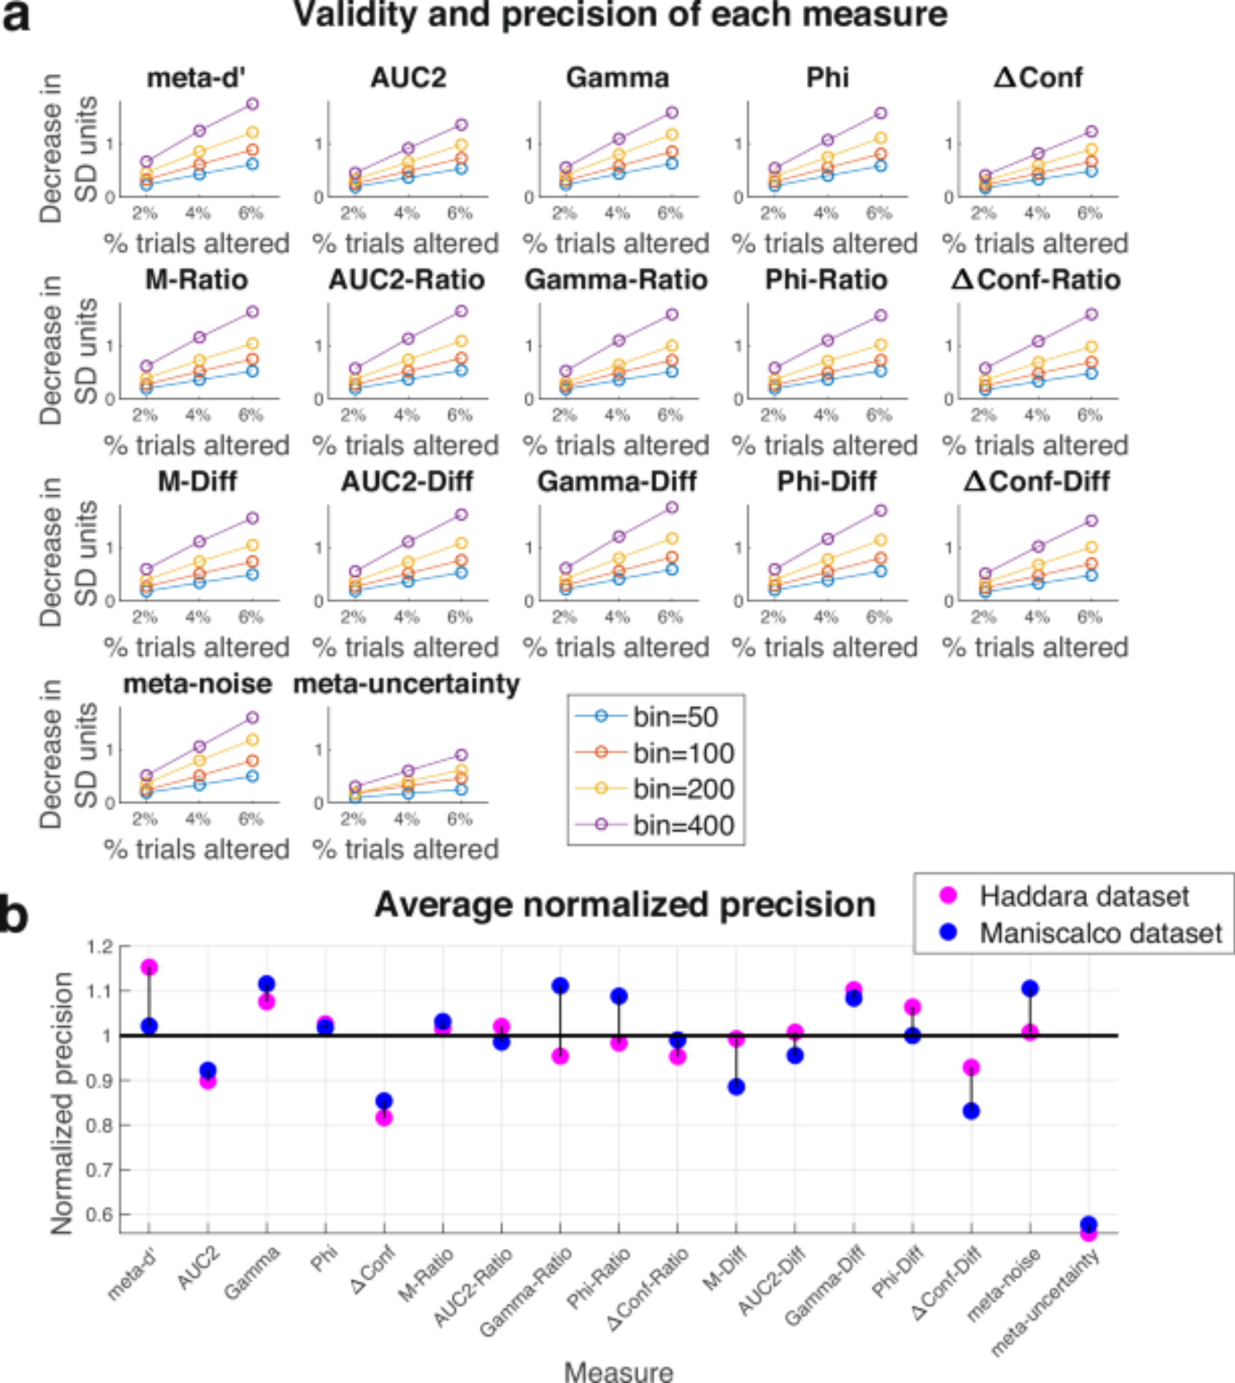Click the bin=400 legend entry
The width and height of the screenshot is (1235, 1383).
(x=683, y=825)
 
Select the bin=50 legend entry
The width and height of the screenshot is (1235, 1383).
(x=676, y=716)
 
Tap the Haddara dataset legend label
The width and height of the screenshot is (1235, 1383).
(x=1084, y=896)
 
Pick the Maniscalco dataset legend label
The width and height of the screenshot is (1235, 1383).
(x=1100, y=933)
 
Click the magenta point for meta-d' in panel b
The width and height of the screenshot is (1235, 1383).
(x=149, y=967)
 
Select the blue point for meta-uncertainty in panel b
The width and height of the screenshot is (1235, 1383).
(x=1088, y=1224)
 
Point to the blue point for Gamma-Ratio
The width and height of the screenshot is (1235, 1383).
(x=560, y=985)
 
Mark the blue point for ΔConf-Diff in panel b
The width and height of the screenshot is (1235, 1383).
(x=971, y=1111)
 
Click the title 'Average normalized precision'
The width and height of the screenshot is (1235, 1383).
(x=625, y=904)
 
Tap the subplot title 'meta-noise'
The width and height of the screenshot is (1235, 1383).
(x=197, y=683)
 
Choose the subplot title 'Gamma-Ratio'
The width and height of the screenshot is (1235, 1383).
(x=616, y=279)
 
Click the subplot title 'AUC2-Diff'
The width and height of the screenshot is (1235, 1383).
(x=407, y=481)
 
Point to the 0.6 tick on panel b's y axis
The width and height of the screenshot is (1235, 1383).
(x=101, y=1215)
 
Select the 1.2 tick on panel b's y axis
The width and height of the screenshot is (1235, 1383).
(x=101, y=947)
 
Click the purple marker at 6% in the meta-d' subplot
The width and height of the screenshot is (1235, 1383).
(x=252, y=104)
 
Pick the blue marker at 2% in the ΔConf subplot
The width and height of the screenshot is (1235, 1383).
(x=985, y=187)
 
